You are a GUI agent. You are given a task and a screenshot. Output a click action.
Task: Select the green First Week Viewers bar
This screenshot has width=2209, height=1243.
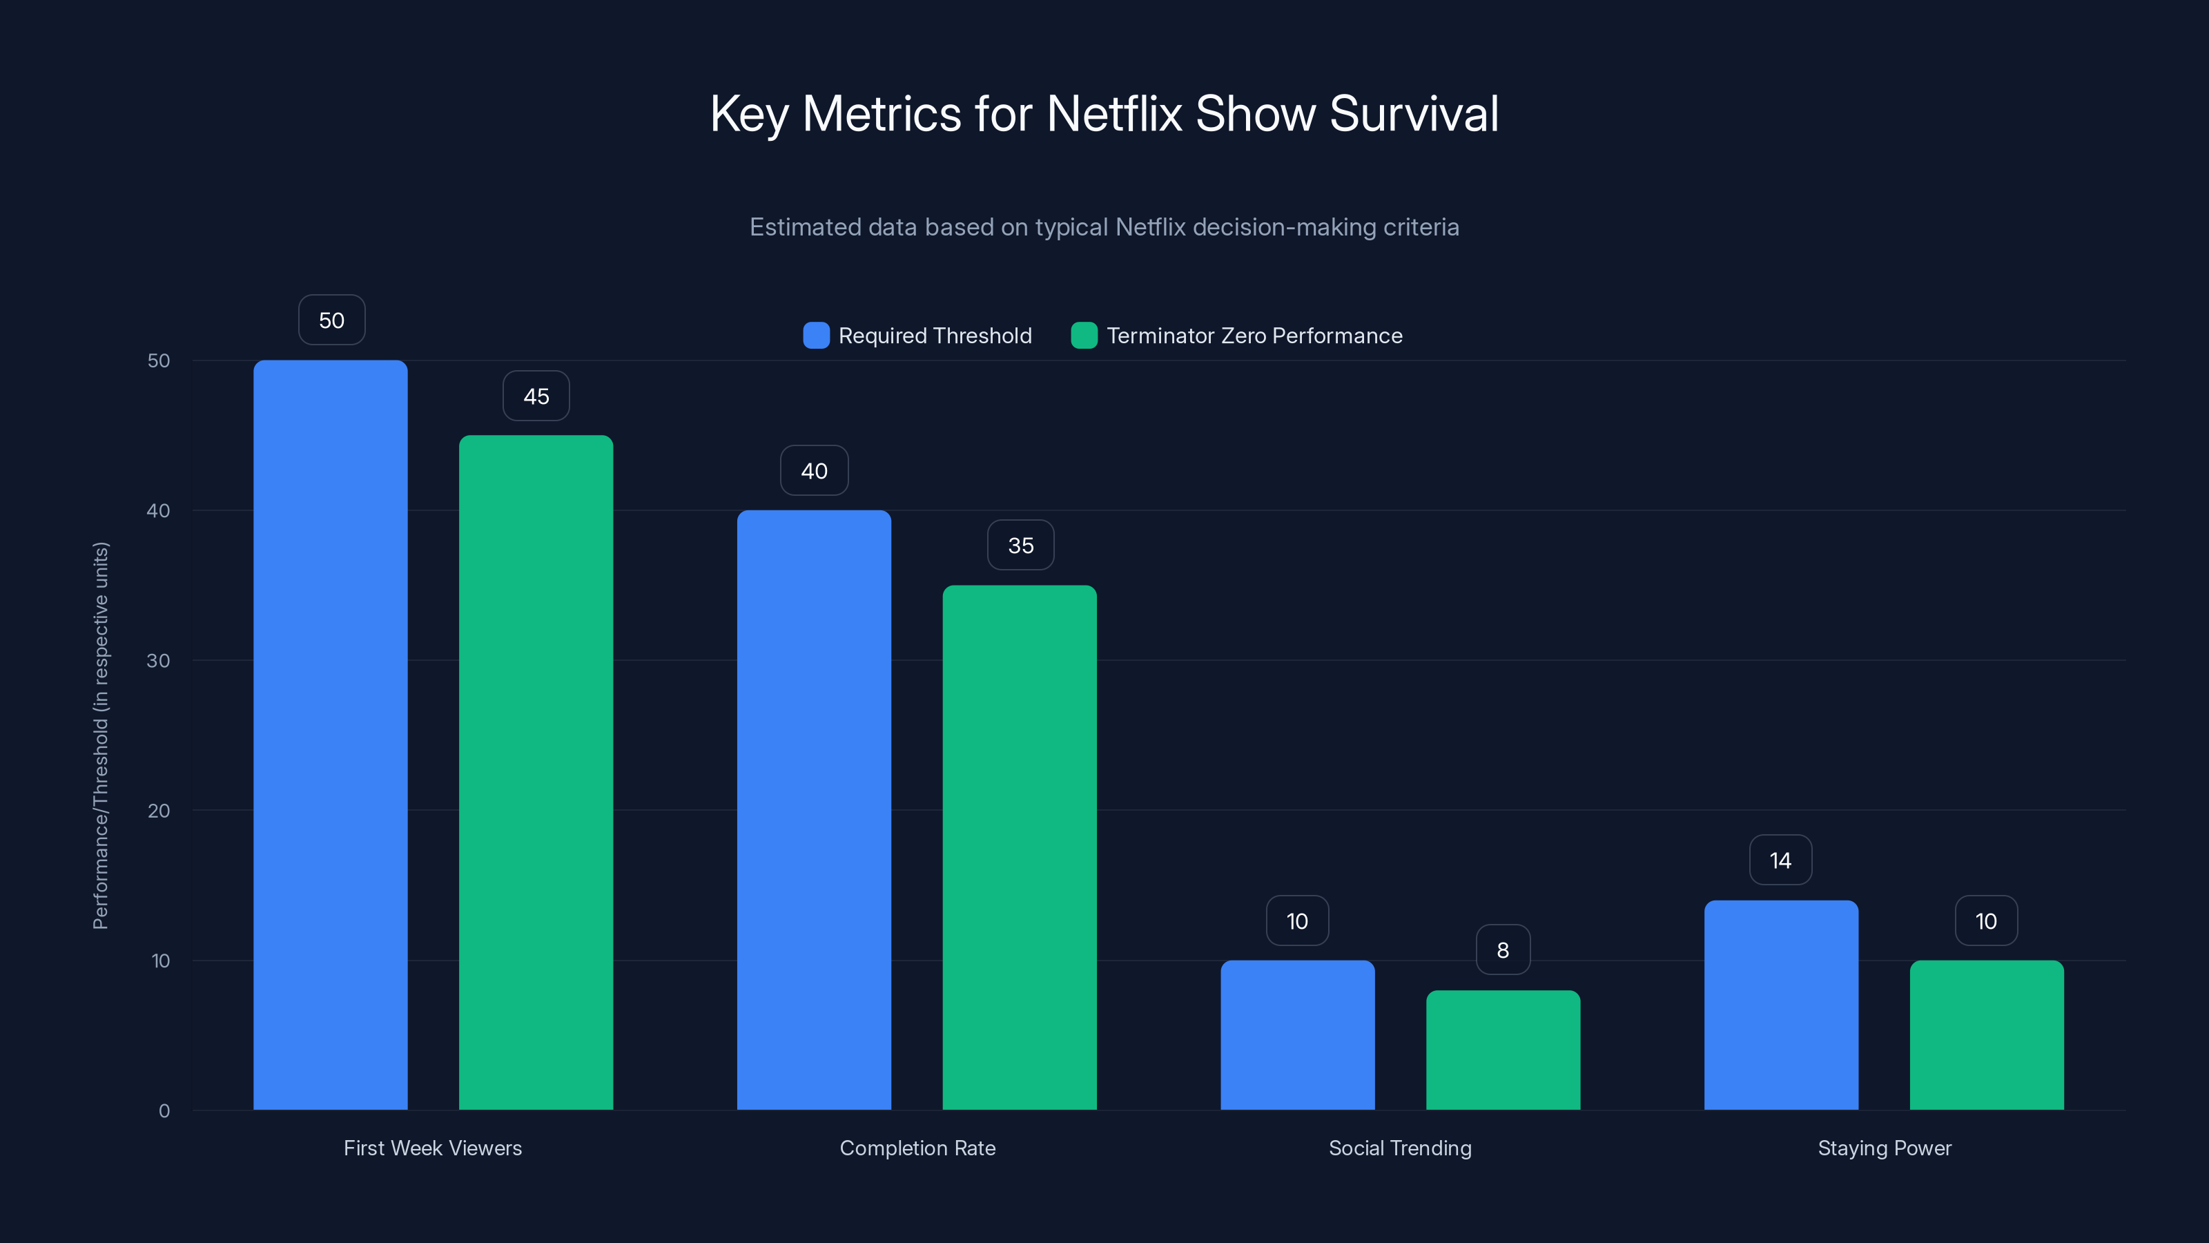pyautogui.click(x=536, y=772)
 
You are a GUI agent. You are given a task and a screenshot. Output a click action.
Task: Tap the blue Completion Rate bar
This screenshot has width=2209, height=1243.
pyautogui.click(x=814, y=810)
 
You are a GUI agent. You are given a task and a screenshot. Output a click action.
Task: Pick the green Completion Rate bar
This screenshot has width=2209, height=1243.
pyautogui.click(x=1020, y=847)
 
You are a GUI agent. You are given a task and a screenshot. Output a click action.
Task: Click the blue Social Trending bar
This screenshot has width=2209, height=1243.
pyautogui.click(x=1298, y=1034)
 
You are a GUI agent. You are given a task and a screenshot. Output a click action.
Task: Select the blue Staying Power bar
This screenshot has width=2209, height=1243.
pyautogui.click(x=1781, y=1005)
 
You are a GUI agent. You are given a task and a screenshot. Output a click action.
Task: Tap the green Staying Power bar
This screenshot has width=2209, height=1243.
pyautogui.click(x=1987, y=1034)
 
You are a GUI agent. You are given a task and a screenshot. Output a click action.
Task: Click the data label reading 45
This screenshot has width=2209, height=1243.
pyautogui.click(x=536, y=396)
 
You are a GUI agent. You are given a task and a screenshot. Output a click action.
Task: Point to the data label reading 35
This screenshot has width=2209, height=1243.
pyautogui.click(x=1020, y=546)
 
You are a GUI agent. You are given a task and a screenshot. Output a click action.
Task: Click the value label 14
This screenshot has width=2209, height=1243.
pyautogui.click(x=1780, y=860)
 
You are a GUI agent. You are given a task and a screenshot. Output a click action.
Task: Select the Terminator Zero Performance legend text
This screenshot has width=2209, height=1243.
pyautogui.click(x=1254, y=336)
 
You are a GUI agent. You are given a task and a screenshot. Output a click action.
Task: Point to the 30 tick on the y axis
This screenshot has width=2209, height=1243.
pyautogui.click(x=159, y=661)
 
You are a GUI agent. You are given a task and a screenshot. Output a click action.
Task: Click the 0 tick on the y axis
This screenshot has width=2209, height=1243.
pyautogui.click(x=164, y=1111)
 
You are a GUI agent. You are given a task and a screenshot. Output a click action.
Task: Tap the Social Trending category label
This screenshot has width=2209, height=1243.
pyautogui.click(x=1399, y=1148)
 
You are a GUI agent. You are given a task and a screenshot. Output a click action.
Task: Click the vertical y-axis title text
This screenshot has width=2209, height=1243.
pyautogui.click(x=101, y=735)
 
